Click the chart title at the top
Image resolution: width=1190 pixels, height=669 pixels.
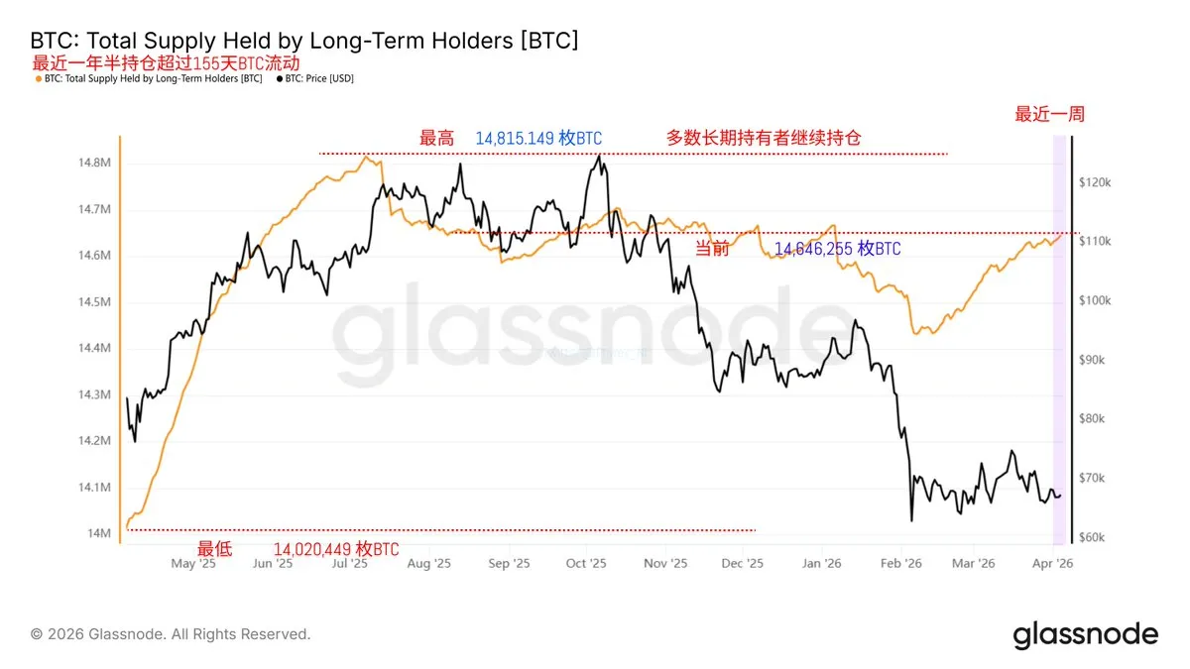pos(304,41)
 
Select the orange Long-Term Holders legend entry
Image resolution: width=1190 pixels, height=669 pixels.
pos(149,78)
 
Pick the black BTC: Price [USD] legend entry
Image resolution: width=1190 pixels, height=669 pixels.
pos(315,78)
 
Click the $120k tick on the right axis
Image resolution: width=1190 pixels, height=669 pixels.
pos(1098,183)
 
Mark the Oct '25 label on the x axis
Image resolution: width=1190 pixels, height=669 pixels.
pos(585,563)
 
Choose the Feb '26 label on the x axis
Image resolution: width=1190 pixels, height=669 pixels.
pos(900,563)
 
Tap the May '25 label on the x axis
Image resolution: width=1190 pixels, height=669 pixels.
pos(193,563)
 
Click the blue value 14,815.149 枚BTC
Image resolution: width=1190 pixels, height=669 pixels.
pos(538,139)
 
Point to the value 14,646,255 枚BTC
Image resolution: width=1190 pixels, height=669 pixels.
pos(838,249)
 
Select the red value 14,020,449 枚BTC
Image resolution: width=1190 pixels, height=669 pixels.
pos(336,549)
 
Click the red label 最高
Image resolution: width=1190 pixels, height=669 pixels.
pos(436,139)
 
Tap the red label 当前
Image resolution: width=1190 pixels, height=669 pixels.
pos(711,249)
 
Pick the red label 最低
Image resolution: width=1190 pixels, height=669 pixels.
pos(214,549)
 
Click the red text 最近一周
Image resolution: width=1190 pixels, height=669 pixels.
pos(1049,114)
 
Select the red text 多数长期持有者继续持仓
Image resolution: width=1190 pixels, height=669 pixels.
pos(764,139)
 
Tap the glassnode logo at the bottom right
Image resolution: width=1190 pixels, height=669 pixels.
pos(1085,634)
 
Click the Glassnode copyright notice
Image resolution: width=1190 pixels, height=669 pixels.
pos(171,634)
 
